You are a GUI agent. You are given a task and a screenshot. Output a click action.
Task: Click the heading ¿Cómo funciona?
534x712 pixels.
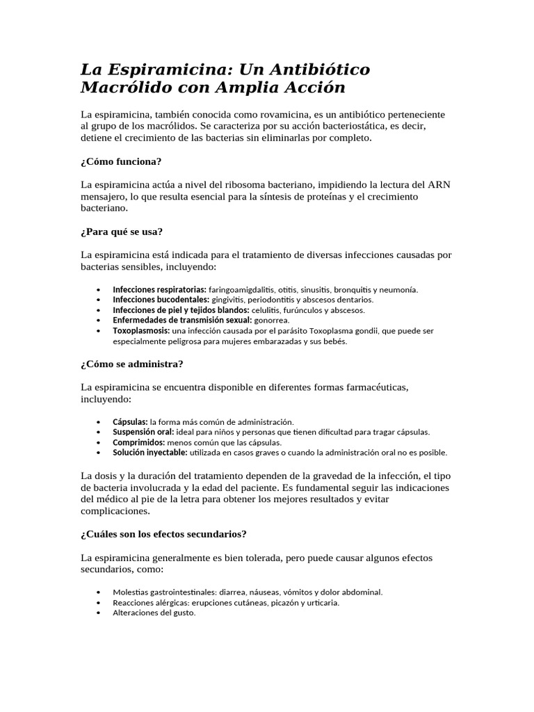(x=121, y=161)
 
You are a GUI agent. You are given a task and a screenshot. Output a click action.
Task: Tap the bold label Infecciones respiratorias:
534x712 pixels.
(x=159, y=289)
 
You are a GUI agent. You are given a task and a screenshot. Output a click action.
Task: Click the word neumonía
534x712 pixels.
(x=397, y=289)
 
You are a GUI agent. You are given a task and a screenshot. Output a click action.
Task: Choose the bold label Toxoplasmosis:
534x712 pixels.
(x=141, y=331)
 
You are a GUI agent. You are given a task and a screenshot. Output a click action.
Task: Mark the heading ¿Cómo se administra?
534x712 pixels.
(x=131, y=364)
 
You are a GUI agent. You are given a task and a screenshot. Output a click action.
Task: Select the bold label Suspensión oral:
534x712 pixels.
(x=143, y=432)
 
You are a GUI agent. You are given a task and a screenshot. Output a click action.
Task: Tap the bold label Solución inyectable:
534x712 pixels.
(x=150, y=453)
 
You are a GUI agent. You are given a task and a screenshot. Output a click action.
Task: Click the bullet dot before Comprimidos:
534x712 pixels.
(x=102, y=442)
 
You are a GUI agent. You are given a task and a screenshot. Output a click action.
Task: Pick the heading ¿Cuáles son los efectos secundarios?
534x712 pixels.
(x=163, y=534)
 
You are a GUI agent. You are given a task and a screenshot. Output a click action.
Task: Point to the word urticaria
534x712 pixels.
(x=322, y=603)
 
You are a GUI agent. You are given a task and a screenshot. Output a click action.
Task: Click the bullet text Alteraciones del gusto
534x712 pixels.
(x=154, y=613)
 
